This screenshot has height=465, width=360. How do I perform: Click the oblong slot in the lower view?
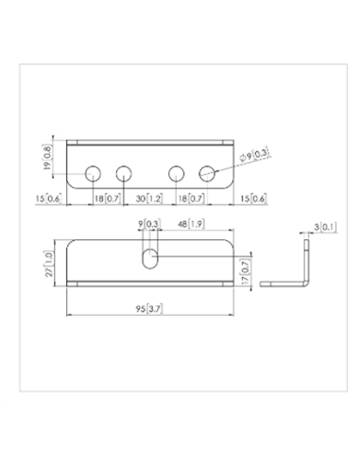click(x=150, y=259)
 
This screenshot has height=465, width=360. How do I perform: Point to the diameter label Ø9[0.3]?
click(x=254, y=155)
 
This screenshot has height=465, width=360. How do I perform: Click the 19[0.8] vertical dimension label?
click(x=48, y=157)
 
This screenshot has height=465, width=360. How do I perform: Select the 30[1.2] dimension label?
click(x=149, y=198)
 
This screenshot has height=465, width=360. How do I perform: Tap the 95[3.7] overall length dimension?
click(x=149, y=309)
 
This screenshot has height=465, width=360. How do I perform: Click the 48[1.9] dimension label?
click(x=192, y=224)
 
